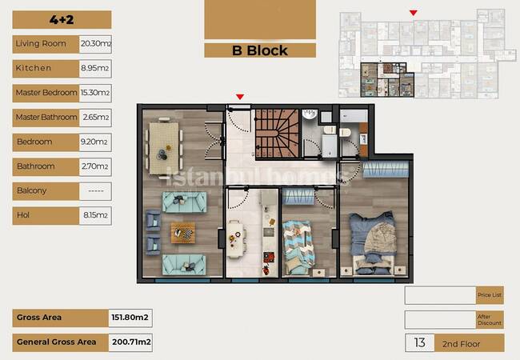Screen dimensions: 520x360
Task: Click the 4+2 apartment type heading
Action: [62, 19]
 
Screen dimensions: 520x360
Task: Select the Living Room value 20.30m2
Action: [95, 44]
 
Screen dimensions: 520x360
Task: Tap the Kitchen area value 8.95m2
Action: [95, 69]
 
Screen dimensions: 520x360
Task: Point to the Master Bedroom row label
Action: [46, 93]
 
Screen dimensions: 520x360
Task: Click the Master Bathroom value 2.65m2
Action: [95, 118]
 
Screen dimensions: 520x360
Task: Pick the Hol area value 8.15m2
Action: [95, 215]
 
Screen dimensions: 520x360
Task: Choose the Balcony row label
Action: [31, 190]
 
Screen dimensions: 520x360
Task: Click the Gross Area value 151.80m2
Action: [130, 318]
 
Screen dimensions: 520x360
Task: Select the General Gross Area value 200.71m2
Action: [130, 342]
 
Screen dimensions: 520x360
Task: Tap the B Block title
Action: [260, 50]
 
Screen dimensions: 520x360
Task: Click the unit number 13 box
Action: [419, 342]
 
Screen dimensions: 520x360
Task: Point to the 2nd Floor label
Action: [462, 344]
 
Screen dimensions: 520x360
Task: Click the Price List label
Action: [490, 295]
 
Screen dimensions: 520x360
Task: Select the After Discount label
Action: [490, 319]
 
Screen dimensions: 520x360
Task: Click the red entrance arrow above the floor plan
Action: [240, 97]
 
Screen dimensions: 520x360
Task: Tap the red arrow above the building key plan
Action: [414, 13]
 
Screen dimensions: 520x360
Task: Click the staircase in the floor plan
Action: [277, 133]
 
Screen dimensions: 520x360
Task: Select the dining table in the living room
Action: [164, 148]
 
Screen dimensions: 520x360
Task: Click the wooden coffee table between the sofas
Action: [182, 233]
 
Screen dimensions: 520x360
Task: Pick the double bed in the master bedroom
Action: [373, 243]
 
